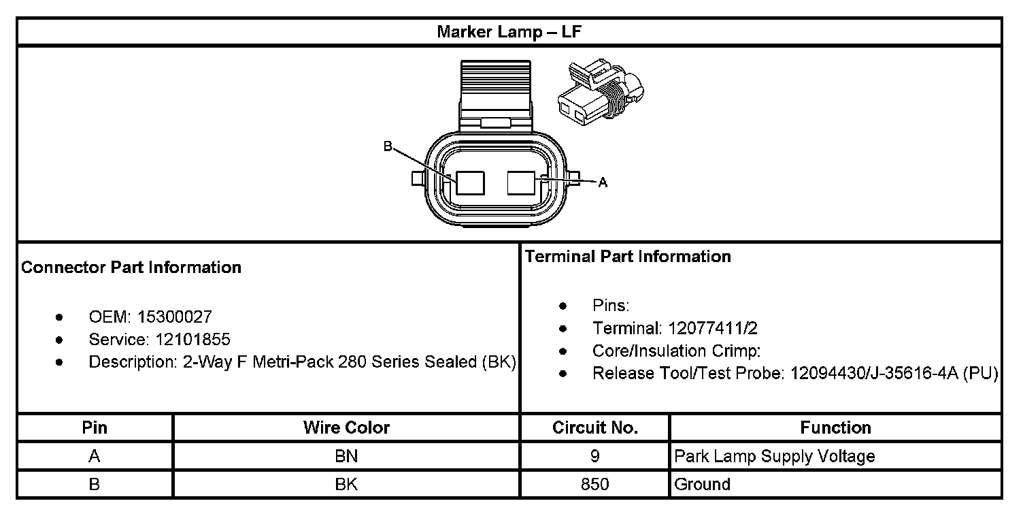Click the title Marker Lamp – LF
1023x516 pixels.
pyautogui.click(x=509, y=32)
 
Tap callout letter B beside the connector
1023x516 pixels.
pyautogui.click(x=388, y=146)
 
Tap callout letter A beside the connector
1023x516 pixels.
pyautogui.click(x=602, y=182)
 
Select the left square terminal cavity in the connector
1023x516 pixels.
pyautogui.click(x=470, y=182)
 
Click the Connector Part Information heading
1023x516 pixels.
pyautogui.click(x=131, y=268)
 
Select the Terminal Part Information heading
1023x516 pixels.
pyautogui.click(x=628, y=257)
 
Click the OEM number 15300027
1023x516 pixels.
pyautogui.click(x=175, y=317)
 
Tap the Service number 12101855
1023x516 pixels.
pyautogui.click(x=193, y=339)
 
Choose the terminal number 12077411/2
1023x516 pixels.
pyautogui.click(x=713, y=328)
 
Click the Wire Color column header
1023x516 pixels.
pyautogui.click(x=346, y=428)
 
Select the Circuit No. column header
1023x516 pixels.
pyautogui.click(x=594, y=428)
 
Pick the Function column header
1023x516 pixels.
pyautogui.click(x=835, y=428)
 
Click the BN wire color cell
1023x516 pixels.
pyautogui.click(x=346, y=456)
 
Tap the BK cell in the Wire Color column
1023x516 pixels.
pyautogui.click(x=346, y=485)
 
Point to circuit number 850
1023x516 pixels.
pyautogui.click(x=594, y=485)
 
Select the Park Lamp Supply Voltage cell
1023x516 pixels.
pyautogui.click(x=774, y=456)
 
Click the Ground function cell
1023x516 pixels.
pyautogui.click(x=702, y=485)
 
